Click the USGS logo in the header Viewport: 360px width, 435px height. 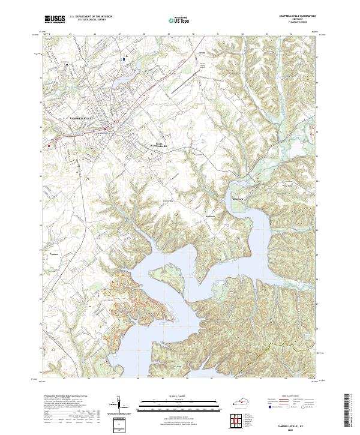pos(55,19)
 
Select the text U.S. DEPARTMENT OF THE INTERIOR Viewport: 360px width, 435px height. pos(91,17)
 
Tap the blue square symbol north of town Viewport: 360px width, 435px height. pos(124,59)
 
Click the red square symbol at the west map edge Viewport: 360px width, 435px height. pos(48,144)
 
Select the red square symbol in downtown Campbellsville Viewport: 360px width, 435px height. pos(105,128)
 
